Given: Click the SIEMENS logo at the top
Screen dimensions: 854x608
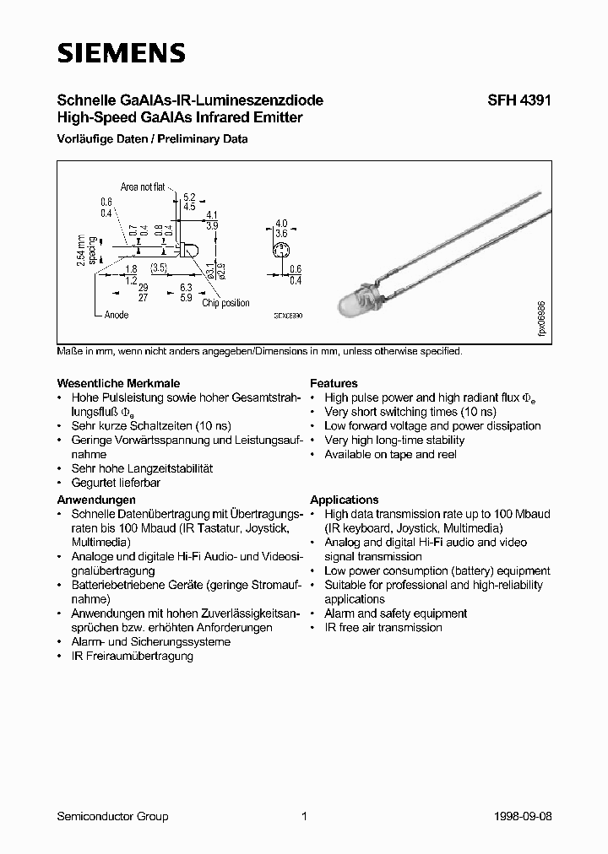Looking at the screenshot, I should (121, 53).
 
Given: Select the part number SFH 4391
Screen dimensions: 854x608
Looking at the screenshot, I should (519, 100).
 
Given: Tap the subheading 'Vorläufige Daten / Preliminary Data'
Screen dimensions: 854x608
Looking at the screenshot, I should (152, 139).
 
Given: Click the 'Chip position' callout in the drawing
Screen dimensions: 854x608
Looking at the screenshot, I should (225, 303).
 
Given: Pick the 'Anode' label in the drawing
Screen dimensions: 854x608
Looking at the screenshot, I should (116, 314).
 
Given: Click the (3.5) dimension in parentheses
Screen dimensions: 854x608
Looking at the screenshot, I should (161, 268).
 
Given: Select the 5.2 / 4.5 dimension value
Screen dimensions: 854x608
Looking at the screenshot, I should (189, 200).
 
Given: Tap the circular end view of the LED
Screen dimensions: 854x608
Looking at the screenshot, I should (281, 249).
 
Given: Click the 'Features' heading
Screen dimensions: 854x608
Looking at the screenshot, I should (334, 383).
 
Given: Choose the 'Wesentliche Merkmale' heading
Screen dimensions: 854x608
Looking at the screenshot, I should (118, 383).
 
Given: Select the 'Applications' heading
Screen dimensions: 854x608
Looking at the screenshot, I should (344, 500).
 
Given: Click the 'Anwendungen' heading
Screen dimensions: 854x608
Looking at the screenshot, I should (96, 500).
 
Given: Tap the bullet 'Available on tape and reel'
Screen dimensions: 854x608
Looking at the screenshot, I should (390, 454).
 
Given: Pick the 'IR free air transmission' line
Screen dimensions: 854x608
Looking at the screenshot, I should (383, 627).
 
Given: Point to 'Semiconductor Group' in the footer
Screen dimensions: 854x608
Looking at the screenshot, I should (112, 816).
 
